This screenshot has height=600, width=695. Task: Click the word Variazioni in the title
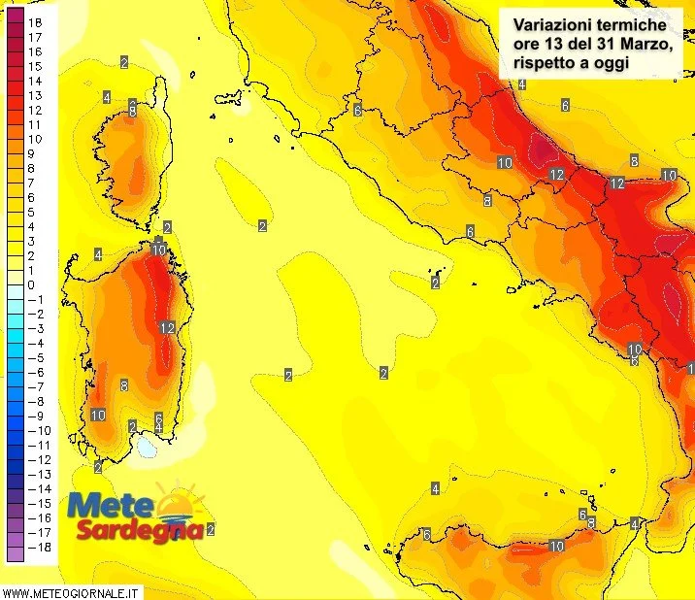click(548, 23)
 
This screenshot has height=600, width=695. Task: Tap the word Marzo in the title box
click(624, 43)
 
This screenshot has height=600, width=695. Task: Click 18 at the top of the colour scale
click(35, 21)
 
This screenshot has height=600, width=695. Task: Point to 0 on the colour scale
click(31, 284)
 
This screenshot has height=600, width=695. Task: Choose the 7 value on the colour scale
click(31, 183)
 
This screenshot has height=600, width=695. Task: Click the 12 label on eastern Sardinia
click(166, 327)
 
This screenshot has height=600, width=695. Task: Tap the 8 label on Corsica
click(132, 112)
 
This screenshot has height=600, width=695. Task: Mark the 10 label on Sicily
click(556, 547)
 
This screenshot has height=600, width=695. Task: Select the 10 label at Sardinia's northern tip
click(158, 250)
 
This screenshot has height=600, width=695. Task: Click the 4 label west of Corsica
click(106, 97)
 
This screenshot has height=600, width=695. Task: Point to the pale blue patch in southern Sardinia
click(147, 447)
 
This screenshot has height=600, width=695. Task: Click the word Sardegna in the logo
click(141, 531)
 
